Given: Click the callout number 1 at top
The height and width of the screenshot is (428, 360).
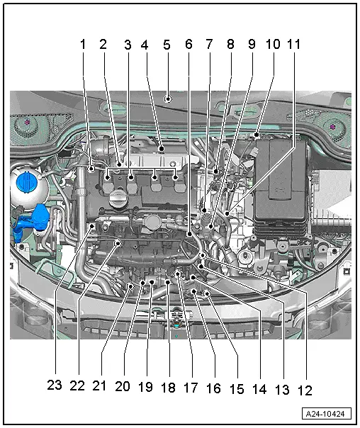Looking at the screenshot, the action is (83, 45).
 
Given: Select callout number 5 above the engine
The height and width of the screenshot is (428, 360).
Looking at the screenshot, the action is (167, 45).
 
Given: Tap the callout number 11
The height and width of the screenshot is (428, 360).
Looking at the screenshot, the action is (293, 45).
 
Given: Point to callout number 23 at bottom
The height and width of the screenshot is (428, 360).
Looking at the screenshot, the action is (55, 385).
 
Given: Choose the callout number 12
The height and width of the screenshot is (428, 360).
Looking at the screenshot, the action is (305, 390).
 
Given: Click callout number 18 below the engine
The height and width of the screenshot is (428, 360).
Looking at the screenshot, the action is (168, 388).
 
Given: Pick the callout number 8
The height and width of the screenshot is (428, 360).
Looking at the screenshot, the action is (230, 44).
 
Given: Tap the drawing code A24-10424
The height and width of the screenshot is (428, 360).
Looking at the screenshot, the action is (327, 414).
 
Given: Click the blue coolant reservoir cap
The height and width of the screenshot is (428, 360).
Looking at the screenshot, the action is (24, 181).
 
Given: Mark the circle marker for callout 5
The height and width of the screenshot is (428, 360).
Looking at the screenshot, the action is (168, 98).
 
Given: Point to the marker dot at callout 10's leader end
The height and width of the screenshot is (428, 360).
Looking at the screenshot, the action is (257, 135).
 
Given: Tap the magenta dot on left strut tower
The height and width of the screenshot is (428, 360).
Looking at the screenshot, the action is (27, 121).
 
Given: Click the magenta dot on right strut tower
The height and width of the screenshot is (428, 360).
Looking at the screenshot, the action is (332, 127).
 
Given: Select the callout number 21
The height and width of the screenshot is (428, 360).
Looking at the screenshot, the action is (99, 386).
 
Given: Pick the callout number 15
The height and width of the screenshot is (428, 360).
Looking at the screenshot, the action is (237, 390).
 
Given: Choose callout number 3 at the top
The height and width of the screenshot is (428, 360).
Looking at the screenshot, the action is (128, 45).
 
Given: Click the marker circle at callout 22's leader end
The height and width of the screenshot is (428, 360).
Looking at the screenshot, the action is (118, 242).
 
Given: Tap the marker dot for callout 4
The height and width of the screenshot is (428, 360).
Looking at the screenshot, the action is (162, 149).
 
